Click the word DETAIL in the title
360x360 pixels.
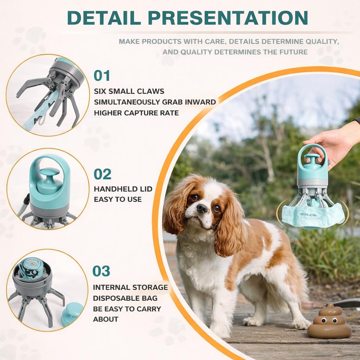104,18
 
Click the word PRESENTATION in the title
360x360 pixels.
228,18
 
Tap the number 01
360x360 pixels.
102,76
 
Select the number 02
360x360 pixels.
102,174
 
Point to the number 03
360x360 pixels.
101,271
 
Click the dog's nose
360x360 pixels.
202,208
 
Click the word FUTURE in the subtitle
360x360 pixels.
293,52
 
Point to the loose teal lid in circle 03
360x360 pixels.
72,314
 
